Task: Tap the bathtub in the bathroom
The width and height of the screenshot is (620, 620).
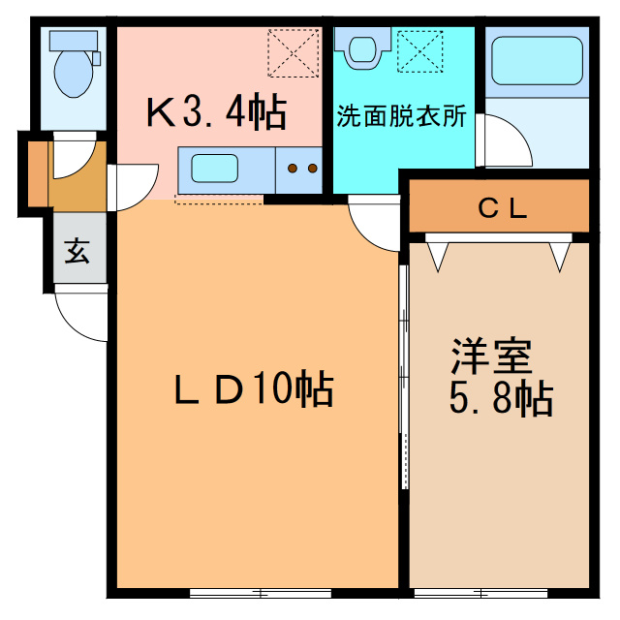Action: click(537, 61)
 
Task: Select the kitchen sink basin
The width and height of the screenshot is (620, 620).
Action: click(215, 169)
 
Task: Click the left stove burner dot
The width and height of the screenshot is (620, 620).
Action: click(293, 169)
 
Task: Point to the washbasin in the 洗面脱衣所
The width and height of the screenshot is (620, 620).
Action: click(362, 48)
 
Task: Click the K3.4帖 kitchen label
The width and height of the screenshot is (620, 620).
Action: click(216, 112)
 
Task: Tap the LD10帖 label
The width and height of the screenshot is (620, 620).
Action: click(254, 388)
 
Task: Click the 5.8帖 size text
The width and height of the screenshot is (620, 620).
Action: click(501, 398)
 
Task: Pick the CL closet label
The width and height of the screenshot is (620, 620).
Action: click(503, 208)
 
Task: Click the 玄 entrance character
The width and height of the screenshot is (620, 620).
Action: click(77, 252)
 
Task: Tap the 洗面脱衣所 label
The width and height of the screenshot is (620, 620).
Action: click(401, 116)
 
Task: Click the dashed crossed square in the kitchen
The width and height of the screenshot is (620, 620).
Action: click(294, 52)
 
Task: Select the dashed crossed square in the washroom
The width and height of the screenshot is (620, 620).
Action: click(419, 51)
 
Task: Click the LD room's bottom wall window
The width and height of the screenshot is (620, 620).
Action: click(261, 593)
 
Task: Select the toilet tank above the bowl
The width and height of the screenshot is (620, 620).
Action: click(74, 41)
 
